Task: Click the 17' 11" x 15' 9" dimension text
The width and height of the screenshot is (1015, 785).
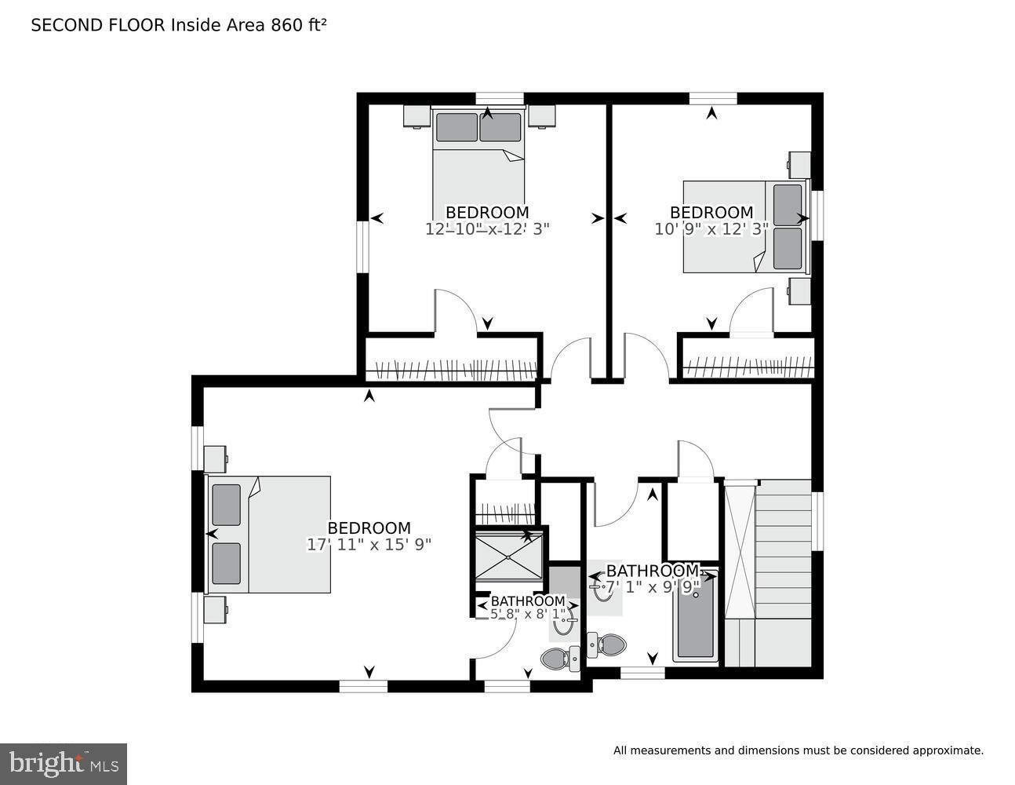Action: (x=369, y=544)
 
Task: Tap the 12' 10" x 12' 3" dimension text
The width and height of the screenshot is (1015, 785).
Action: (x=487, y=229)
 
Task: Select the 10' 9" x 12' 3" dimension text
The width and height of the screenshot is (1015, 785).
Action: (x=711, y=229)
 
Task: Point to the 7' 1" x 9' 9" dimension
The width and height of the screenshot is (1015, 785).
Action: (x=652, y=586)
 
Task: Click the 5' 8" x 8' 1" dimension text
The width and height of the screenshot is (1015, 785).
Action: (x=527, y=615)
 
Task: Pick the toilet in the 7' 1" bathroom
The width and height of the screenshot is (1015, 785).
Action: (x=606, y=646)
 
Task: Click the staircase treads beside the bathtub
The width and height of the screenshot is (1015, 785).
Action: (x=783, y=549)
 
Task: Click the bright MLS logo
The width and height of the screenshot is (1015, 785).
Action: (x=64, y=763)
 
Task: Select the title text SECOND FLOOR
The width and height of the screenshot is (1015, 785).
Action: (x=98, y=25)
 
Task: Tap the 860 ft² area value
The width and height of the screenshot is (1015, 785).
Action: (x=298, y=25)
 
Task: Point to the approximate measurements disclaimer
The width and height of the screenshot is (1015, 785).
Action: (x=798, y=750)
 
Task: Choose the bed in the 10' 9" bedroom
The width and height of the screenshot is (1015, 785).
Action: (x=745, y=228)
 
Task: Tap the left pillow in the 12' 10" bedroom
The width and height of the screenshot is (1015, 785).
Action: (x=457, y=127)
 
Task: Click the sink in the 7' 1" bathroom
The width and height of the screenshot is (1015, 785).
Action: (x=603, y=588)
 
